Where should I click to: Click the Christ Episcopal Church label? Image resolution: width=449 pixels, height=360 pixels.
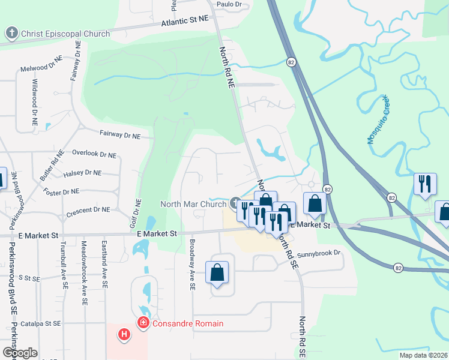coord(65,34)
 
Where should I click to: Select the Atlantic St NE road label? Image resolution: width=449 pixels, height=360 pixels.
coord(185,22)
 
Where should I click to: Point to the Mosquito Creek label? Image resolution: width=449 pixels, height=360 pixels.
coord(378,119)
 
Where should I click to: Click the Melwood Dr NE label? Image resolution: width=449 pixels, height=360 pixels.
coord(41,70)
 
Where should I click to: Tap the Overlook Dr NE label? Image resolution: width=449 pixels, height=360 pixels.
coord(94,154)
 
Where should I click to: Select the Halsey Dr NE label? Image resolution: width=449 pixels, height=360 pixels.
coord(82,173)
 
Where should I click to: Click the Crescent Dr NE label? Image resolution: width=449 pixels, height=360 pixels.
coord(89,210)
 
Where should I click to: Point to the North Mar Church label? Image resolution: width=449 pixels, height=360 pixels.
coord(193,204)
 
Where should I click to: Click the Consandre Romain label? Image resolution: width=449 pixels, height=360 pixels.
coord(187,324)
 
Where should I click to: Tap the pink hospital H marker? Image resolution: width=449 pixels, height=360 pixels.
coord(124,334)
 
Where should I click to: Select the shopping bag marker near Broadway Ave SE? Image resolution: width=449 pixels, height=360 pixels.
coord(217,273)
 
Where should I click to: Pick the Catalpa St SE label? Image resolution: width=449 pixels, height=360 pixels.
coord(41,323)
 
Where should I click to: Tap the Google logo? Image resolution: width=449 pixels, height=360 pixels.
coord(20,353)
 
